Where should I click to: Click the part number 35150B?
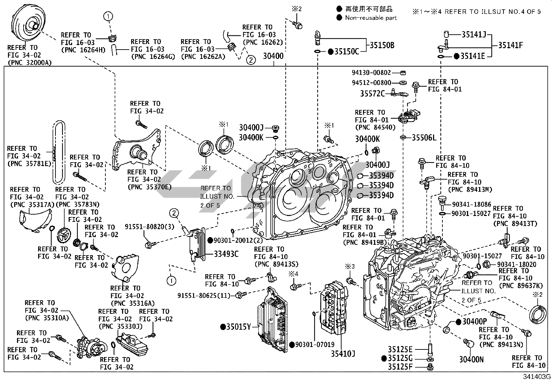pos(382,45)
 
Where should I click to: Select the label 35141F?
pos(510,45)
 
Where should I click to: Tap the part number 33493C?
pos(226,254)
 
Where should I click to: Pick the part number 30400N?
pos(471,360)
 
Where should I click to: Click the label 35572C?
pos(372,94)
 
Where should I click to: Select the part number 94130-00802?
pos(371,73)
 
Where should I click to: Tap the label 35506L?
pos(424,138)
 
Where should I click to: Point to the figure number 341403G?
pos(537,377)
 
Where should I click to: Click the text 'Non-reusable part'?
pos(371,18)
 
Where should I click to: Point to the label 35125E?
pos(400,349)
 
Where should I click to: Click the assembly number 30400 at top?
pos(274,56)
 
